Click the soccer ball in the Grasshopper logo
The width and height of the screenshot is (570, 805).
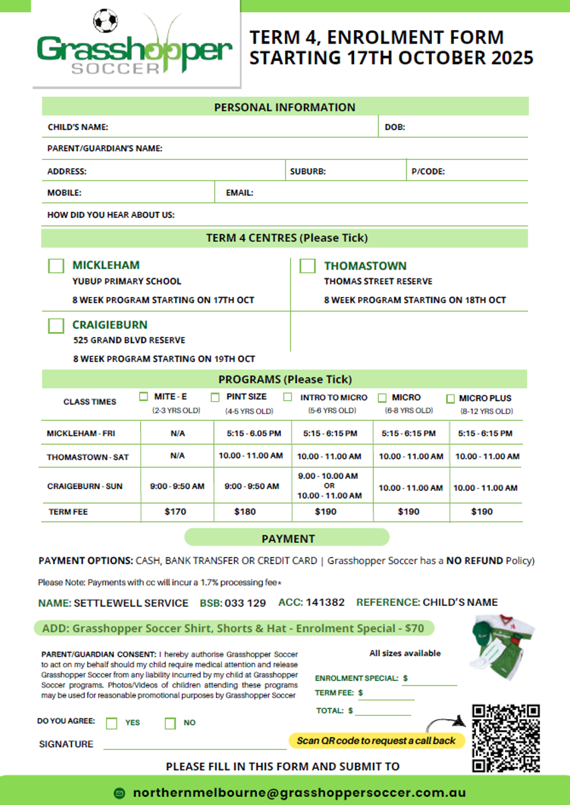pos(105,21)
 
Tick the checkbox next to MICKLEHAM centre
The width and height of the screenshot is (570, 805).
pos(56,266)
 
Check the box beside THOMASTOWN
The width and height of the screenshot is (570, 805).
pos(307,266)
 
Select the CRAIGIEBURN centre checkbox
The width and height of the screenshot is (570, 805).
pos(56,325)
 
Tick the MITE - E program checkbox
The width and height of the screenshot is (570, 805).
pos(144,396)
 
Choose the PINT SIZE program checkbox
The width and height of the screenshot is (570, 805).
pos(215,397)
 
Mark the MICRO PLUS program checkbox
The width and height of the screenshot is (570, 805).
pos(451,398)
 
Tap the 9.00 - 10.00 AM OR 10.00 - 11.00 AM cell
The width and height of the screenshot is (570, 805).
pos(329,486)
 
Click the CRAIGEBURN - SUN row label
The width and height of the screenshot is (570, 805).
pos(84,486)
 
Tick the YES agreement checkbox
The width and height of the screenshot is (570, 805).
pos(112,723)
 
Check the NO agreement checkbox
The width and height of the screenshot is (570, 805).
pos(170,723)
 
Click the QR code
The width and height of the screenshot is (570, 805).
pos(506,738)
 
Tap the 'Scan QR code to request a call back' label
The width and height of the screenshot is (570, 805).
pos(376,741)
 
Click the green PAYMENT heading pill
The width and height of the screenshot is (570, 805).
pos(287,538)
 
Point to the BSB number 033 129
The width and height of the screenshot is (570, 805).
pos(245,602)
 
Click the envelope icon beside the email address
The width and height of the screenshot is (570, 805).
pos(120,792)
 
